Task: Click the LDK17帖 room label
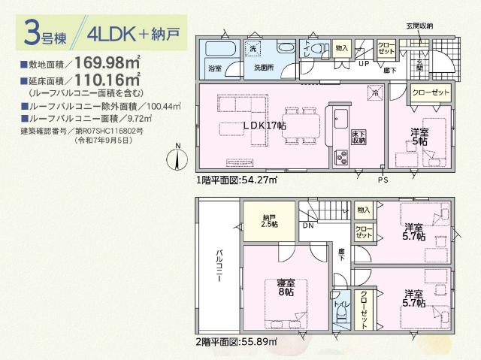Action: click(262, 126)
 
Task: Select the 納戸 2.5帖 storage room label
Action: click(268, 221)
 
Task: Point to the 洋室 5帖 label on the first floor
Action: click(419, 137)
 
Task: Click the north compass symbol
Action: click(177, 159)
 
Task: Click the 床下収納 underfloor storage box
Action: click(358, 136)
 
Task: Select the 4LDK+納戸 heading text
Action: click(132, 35)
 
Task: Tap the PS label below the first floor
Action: click(383, 181)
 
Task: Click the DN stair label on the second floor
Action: click(307, 225)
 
